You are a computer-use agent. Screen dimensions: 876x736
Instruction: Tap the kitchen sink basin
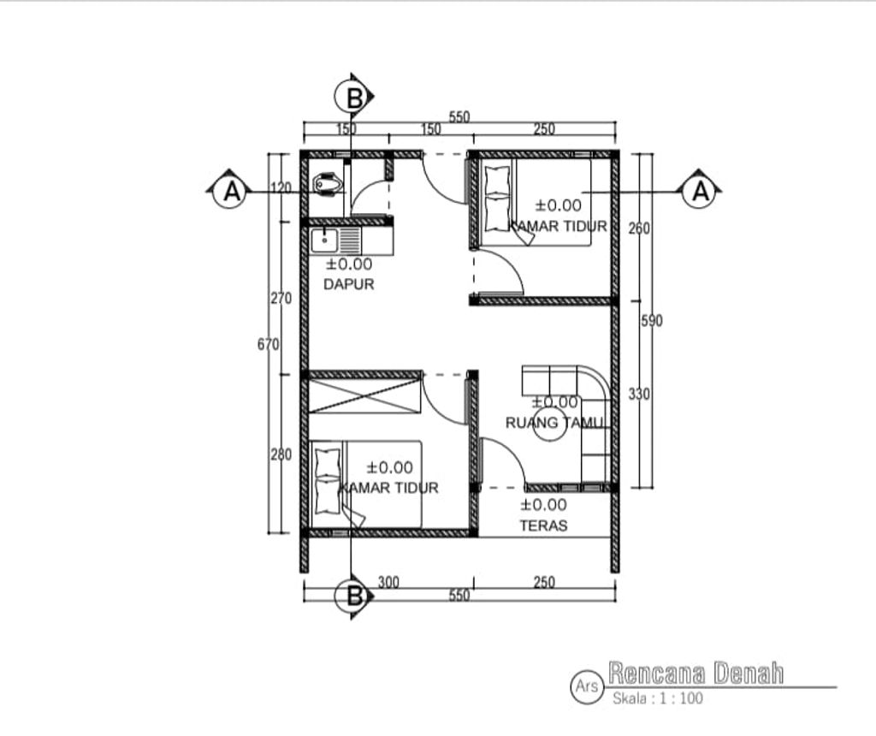tap(324, 240)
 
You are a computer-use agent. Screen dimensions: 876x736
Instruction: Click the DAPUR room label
tap(349, 284)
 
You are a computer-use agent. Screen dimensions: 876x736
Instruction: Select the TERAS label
tap(543, 525)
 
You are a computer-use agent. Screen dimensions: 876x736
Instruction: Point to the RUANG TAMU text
tap(554, 423)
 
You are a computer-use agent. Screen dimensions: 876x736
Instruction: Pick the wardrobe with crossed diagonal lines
tap(364, 395)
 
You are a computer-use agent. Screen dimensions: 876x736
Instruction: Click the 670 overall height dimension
tap(268, 344)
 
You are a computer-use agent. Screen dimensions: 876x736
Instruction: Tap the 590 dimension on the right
tap(651, 321)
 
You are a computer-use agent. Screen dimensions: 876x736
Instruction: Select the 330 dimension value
tap(638, 394)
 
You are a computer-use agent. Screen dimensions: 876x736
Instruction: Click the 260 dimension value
tap(638, 228)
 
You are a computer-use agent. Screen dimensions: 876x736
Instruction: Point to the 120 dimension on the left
tap(281, 188)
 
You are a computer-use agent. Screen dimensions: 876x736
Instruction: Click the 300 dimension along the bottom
tap(388, 582)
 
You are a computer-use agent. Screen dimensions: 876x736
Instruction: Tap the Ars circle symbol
tap(587, 686)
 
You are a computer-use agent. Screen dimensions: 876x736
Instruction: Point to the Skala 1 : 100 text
tap(658, 698)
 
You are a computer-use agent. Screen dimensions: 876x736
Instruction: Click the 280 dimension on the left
tap(281, 454)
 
